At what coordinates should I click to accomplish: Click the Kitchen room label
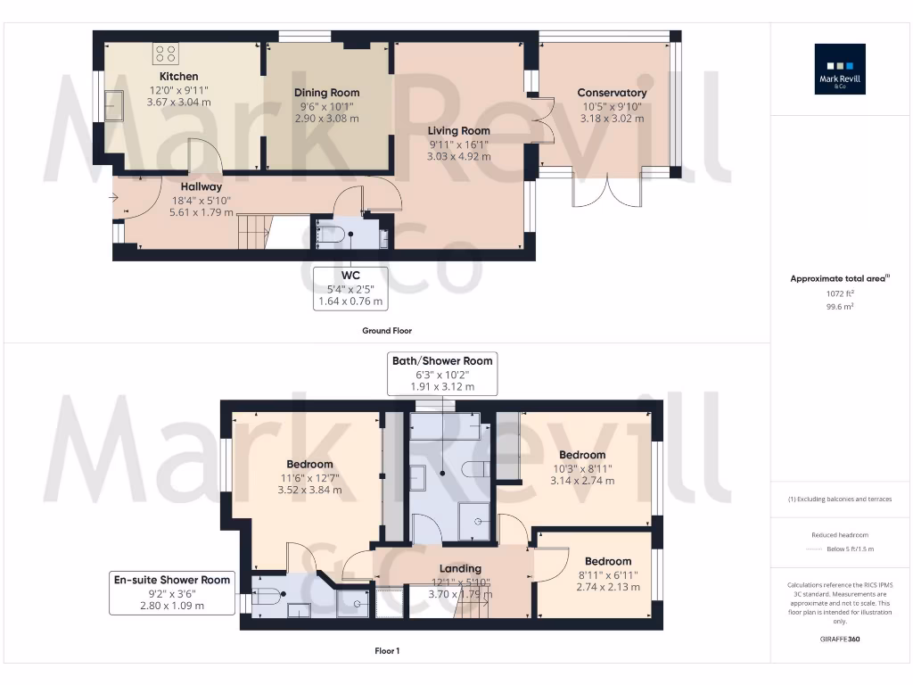tap(178, 77)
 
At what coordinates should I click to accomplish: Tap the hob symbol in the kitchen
tap(165, 53)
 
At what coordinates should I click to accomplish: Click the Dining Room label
tap(326, 93)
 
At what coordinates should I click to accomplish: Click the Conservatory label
tap(612, 93)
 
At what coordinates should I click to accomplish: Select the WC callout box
tap(350, 288)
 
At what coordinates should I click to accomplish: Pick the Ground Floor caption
tap(387, 331)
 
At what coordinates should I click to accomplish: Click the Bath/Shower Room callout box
tap(441, 373)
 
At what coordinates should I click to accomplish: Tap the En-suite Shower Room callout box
tap(172, 592)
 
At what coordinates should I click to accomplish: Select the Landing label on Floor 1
tap(460, 568)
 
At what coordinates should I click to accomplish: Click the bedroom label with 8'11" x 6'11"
tap(608, 562)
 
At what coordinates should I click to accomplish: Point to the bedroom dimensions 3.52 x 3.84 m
tap(309, 490)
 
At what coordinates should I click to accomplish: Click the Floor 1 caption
tap(387, 651)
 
